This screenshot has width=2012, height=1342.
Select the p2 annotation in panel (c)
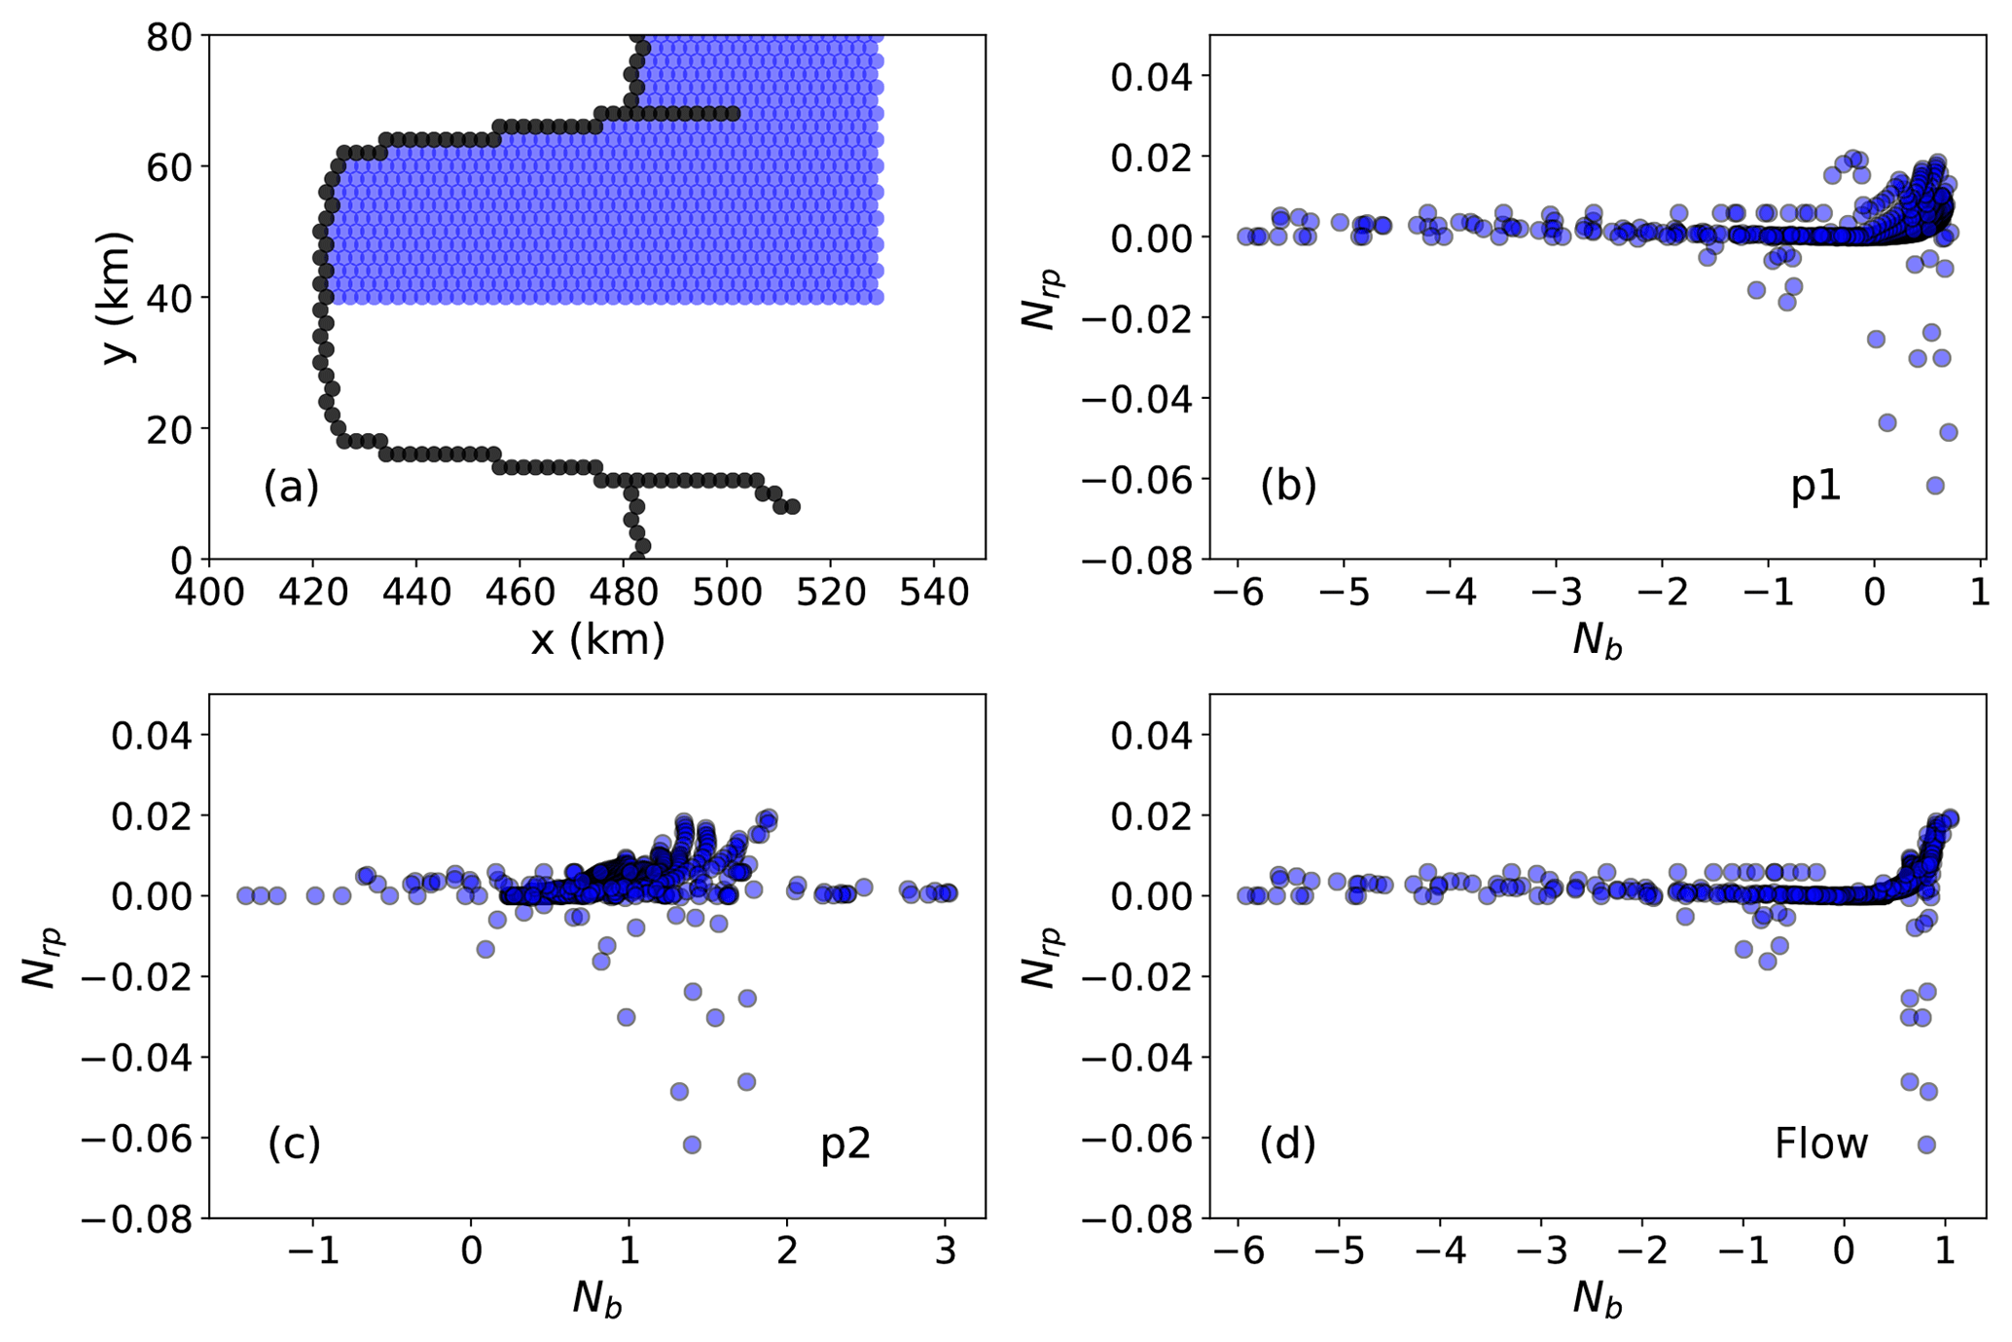(x=845, y=1144)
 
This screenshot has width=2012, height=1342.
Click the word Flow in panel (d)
(x=1821, y=1144)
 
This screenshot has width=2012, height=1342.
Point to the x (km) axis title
(x=597, y=640)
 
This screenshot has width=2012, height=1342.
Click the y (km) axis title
(x=118, y=297)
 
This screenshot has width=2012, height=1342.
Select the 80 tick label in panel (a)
(x=170, y=37)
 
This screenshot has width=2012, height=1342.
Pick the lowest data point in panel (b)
(x=1935, y=486)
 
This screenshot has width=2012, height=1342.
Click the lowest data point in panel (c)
(x=692, y=1144)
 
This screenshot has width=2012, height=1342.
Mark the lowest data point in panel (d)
(x=1926, y=1144)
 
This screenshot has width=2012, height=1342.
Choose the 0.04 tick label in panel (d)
(x=1152, y=736)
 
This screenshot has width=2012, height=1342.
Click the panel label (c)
(x=294, y=1144)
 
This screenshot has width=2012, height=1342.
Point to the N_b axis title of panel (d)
(x=1598, y=1299)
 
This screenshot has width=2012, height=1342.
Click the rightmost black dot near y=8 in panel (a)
(x=793, y=506)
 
